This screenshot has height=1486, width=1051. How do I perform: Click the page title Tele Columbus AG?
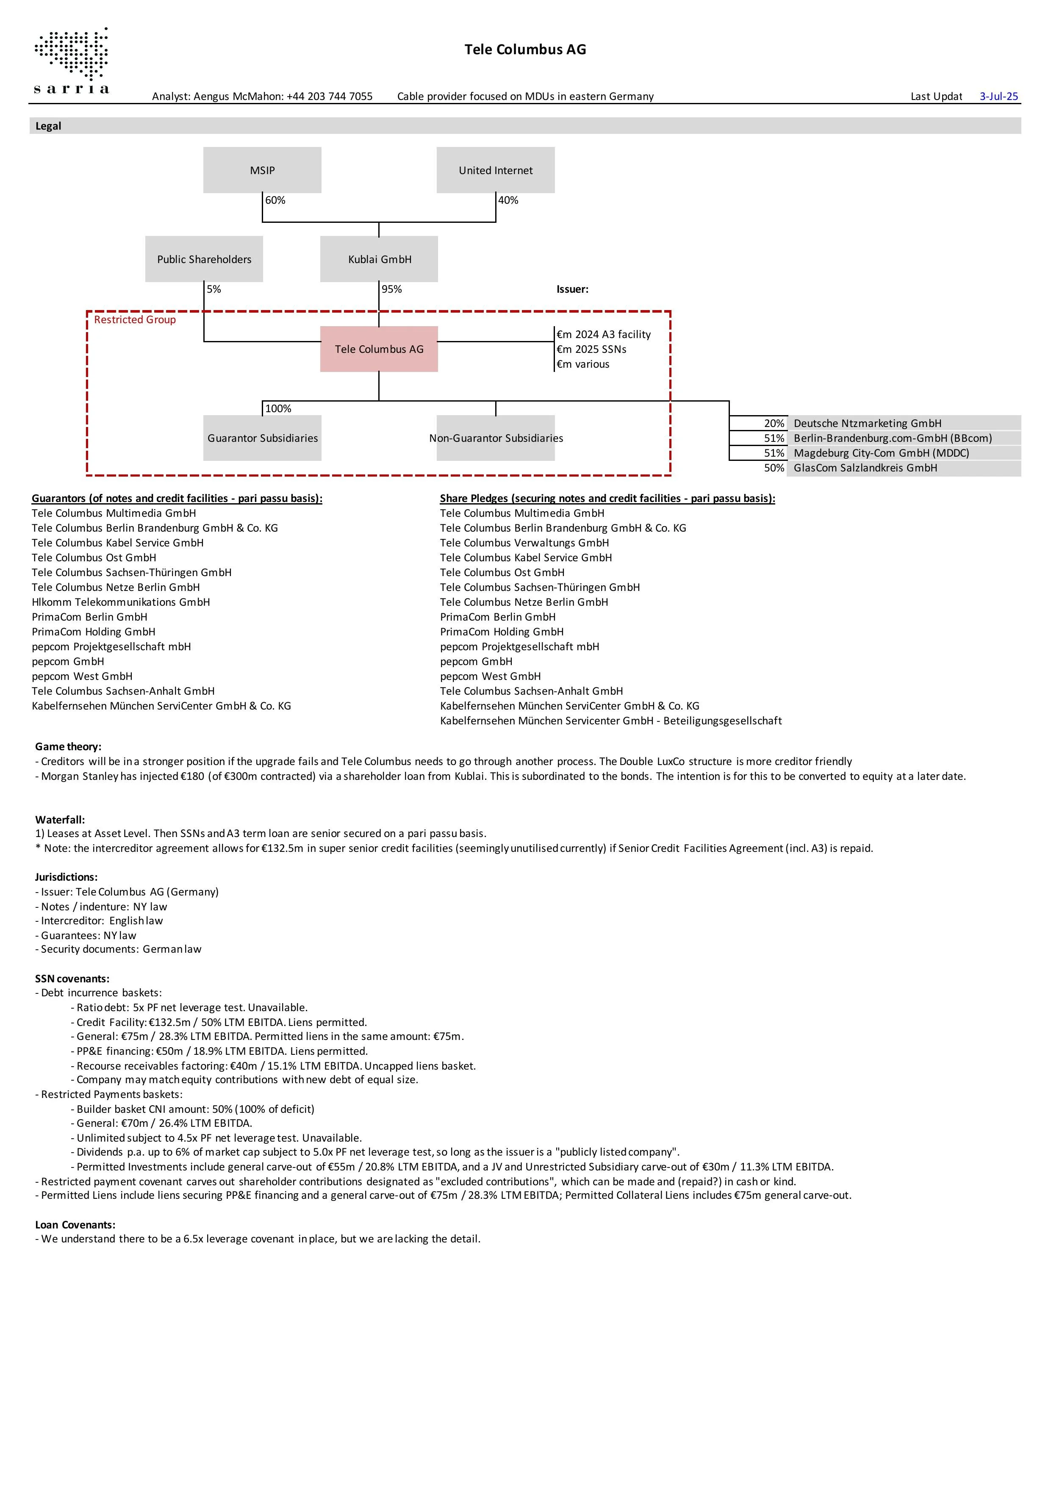(525, 50)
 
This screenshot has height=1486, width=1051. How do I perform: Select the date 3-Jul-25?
(998, 97)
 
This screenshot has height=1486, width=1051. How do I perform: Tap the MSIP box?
(262, 170)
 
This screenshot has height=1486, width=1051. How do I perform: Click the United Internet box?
(496, 170)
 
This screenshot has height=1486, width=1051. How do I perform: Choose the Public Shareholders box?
(204, 259)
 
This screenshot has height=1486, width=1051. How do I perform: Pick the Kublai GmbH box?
(379, 259)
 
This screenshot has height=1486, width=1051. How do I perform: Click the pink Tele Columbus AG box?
(379, 349)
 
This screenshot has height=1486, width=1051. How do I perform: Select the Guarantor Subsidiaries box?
(262, 438)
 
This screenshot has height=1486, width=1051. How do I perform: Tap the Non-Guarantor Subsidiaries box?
(496, 438)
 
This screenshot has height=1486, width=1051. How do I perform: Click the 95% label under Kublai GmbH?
(391, 289)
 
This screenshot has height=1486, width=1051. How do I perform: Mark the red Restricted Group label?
(135, 320)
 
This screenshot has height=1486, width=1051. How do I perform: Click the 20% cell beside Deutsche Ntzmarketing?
(774, 423)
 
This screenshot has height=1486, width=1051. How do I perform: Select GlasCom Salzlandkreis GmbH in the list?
(865, 468)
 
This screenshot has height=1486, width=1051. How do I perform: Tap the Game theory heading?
(68, 747)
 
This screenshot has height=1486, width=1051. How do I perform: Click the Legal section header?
(49, 126)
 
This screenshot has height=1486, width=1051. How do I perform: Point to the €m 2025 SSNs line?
(591, 349)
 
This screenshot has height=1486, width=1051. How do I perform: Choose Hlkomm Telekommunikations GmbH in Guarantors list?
(121, 602)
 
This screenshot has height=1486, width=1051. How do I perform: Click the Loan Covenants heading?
(75, 1225)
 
